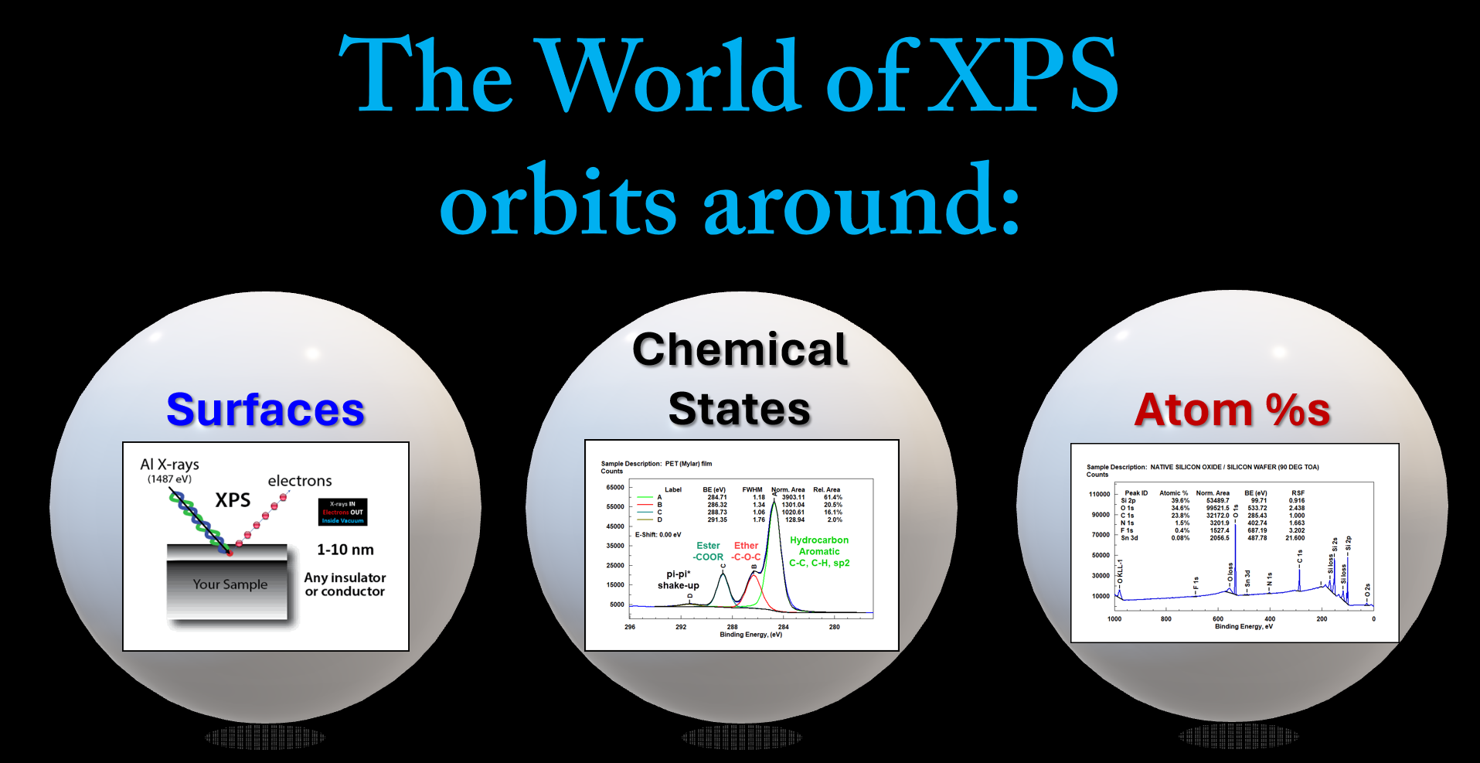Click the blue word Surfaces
(265, 410)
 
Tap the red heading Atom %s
(1232, 410)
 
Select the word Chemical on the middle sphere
(740, 349)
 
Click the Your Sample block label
(230, 584)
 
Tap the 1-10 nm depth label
(345, 550)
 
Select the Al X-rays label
(169, 464)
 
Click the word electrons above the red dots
(300, 481)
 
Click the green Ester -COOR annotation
(708, 551)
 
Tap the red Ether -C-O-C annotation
(746, 551)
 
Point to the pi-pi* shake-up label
(678, 580)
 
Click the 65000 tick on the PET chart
(615, 488)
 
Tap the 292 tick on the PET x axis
(681, 627)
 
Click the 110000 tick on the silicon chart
(1099, 494)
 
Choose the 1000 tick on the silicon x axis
(1114, 619)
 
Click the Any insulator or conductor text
(345, 584)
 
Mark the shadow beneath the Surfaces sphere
(265, 737)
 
